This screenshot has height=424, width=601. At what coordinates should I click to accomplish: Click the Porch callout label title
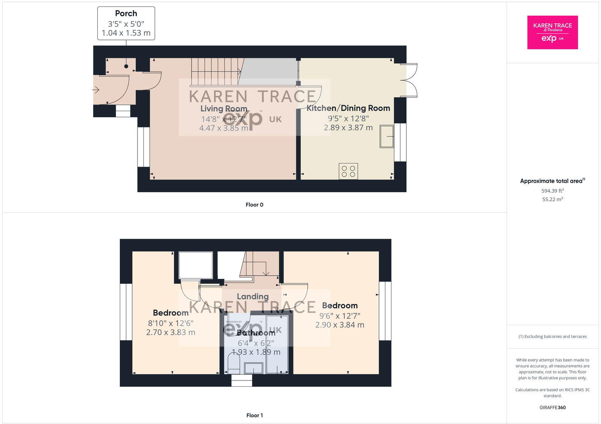[126, 14]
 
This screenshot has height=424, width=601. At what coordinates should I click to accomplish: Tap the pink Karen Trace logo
[552, 32]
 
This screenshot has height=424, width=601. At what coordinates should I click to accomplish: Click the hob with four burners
[348, 171]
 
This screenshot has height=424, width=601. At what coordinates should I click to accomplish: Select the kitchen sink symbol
[387, 136]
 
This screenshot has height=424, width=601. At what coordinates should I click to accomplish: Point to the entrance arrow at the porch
[95, 90]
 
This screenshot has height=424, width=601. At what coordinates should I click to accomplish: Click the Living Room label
[223, 109]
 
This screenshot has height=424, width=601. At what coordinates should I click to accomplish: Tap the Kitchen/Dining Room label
[348, 108]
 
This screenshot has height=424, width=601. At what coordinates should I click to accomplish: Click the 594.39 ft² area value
[552, 191]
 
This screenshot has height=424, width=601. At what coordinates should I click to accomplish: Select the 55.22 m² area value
[552, 200]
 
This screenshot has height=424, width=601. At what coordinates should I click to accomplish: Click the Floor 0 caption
[254, 205]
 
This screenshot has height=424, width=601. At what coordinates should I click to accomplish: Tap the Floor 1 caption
[254, 415]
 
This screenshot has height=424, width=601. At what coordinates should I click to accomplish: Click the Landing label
[252, 297]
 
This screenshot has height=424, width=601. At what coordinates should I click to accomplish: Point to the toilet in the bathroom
[234, 363]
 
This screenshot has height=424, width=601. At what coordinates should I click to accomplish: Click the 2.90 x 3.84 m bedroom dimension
[340, 325]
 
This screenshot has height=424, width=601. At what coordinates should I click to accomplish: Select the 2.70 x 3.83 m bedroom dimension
[171, 332]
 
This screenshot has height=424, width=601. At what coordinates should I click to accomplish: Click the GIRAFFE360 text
[552, 407]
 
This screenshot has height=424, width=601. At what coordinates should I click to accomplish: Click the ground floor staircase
[215, 72]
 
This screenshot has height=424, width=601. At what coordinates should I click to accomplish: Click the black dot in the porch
[126, 67]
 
